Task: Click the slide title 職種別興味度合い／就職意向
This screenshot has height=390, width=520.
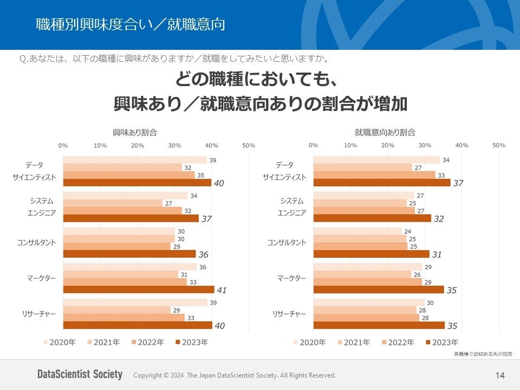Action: click(x=130, y=24)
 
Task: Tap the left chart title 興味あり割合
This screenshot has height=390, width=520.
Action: click(x=135, y=132)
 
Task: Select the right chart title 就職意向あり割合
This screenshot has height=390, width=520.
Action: click(x=385, y=132)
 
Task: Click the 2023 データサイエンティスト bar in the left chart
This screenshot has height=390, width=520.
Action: click(x=137, y=183)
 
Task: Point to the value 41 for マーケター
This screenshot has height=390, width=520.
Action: click(x=222, y=290)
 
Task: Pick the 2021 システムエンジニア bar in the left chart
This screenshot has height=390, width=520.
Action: click(x=113, y=203)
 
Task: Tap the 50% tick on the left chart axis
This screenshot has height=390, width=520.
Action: click(x=249, y=145)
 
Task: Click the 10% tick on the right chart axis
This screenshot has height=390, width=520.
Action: click(x=350, y=145)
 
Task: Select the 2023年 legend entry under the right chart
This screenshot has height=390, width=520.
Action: click(x=442, y=342)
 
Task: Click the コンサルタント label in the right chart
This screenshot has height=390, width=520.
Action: click(x=287, y=243)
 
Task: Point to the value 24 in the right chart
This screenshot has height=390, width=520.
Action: click(x=408, y=231)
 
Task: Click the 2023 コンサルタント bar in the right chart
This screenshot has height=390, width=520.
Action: click(x=371, y=253)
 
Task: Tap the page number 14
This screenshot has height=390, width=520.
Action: click(x=499, y=375)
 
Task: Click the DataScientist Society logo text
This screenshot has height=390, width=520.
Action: click(x=80, y=374)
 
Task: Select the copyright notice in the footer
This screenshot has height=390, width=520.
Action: click(x=235, y=375)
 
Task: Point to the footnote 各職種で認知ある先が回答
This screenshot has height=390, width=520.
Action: click(x=483, y=354)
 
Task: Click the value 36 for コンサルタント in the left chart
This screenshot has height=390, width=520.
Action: click(x=203, y=254)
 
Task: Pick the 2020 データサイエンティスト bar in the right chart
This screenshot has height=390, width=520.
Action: click(x=376, y=160)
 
